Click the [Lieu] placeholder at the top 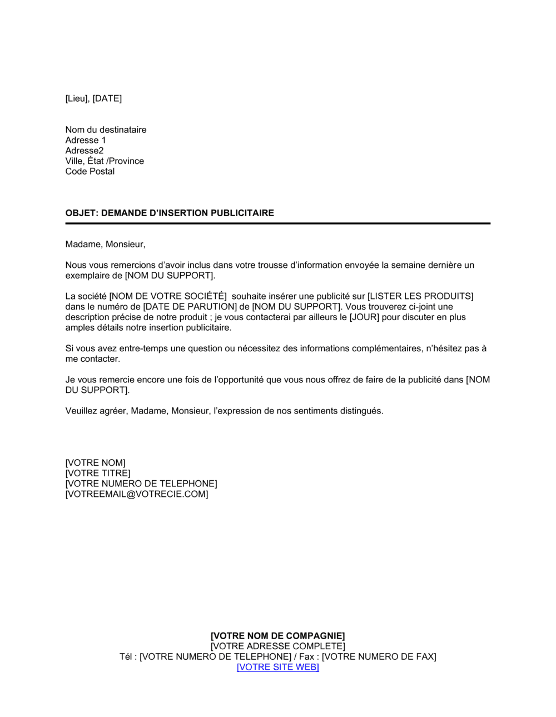tap(77, 98)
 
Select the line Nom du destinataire tap(106, 130)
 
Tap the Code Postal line tap(90, 171)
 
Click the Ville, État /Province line tap(105, 161)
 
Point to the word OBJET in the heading tap(81, 213)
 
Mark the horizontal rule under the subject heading tap(277, 223)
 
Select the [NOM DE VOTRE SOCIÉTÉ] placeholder tap(168, 296)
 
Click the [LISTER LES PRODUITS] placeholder tap(420, 296)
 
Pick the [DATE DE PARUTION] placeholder tap(190, 307)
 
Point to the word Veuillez tap(81, 411)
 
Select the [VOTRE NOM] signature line tap(95, 463)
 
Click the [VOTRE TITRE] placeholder tap(98, 473)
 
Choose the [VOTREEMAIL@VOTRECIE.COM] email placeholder tap(137, 494)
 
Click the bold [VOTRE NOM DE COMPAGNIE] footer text tap(277, 636)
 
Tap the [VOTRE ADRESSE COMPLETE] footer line tap(277, 646)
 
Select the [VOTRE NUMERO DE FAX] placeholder tap(379, 657)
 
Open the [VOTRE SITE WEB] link tap(277, 667)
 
